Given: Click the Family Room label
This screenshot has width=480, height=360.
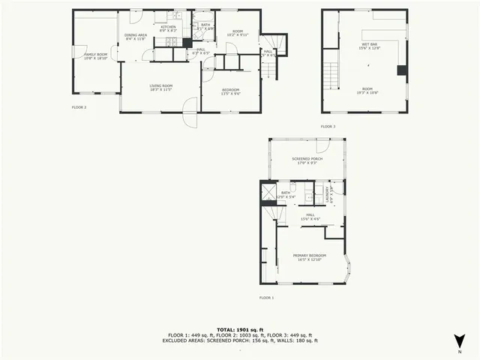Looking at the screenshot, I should point(95,55).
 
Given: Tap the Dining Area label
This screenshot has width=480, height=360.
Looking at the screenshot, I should point(136,36).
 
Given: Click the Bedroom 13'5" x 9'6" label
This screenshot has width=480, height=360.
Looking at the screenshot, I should point(230,91).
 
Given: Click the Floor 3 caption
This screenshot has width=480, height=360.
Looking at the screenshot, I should point(328,126).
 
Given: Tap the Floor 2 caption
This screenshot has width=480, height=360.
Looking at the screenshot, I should point(79,107).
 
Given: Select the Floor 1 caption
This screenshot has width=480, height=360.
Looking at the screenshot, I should point(266,298).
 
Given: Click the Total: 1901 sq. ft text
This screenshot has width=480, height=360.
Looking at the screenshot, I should point(240,329).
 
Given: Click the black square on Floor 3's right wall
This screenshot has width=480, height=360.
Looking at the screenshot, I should point(402,70).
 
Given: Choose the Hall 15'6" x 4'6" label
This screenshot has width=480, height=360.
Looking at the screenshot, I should point(309,217).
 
